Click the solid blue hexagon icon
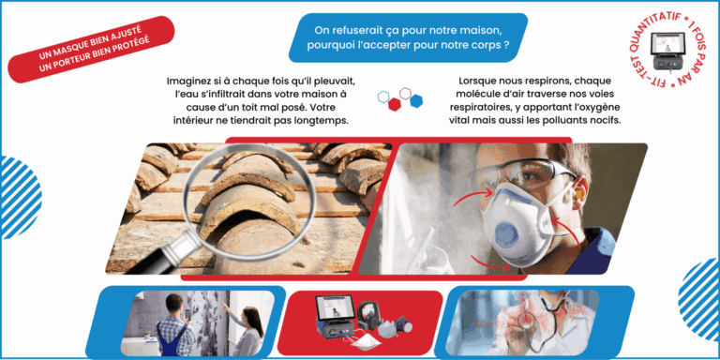(x=416, y=100)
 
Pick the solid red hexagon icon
(x=395, y=104)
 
